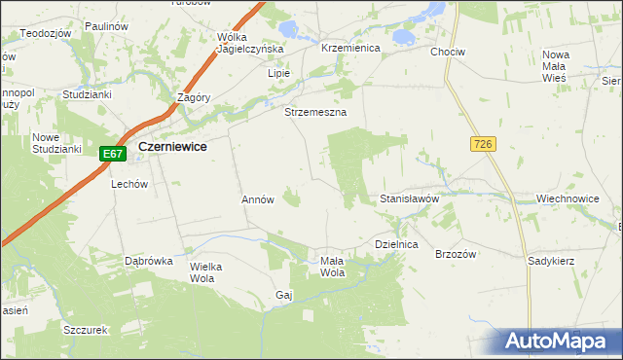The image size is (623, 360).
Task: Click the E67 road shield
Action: [112, 154]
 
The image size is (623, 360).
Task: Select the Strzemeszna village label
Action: [315, 112]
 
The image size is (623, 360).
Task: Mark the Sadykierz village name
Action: [551, 262]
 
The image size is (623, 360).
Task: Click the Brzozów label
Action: [455, 253]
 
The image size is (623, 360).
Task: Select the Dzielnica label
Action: [396, 245]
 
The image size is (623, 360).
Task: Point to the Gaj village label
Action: [284, 294]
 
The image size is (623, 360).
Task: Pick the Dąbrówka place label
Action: [149, 261]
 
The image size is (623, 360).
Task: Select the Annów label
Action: [258, 198]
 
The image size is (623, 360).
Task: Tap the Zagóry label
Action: [195, 97]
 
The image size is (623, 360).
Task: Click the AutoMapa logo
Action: [557, 342]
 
